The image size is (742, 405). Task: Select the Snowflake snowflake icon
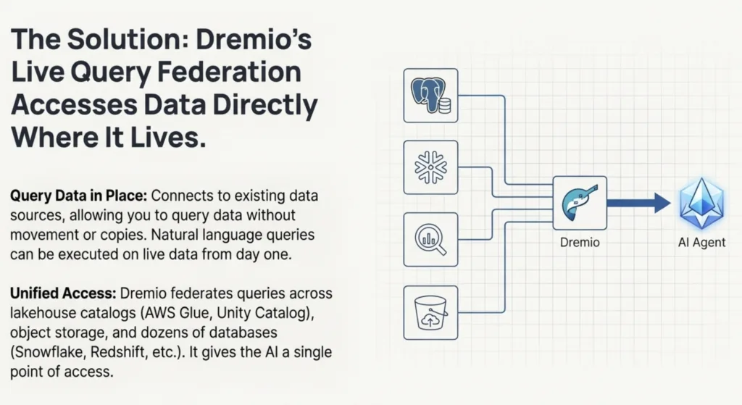click(430, 167)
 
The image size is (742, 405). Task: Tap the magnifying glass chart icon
click(430, 239)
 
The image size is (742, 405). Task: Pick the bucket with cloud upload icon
click(430, 312)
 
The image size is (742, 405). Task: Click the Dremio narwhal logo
click(580, 203)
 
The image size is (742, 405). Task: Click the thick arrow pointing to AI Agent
click(639, 203)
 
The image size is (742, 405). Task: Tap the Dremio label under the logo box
click(580, 242)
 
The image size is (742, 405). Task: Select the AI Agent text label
click(701, 242)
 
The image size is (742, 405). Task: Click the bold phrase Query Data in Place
click(78, 196)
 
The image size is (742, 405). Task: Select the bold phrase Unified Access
click(63, 293)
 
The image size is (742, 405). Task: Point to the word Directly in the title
click(265, 105)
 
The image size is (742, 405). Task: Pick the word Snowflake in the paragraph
click(48, 352)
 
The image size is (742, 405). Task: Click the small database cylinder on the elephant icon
click(445, 106)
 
